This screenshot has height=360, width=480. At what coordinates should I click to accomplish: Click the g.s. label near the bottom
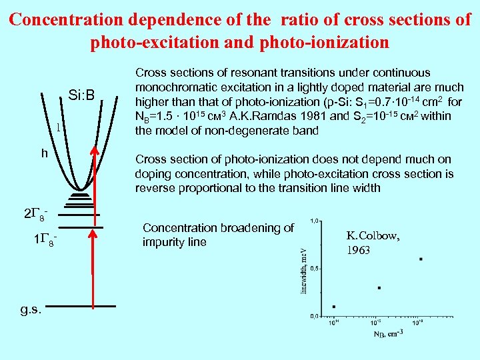coord(31,309)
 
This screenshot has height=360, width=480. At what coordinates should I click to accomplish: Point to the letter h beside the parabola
coord(44,153)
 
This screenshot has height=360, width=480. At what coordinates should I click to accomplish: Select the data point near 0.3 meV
coord(379,288)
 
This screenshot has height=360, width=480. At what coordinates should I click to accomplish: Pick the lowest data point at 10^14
coord(333,307)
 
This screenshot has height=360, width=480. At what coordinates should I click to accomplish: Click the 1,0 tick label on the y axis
coord(313,221)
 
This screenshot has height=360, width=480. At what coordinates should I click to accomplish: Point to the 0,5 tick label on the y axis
coord(313,268)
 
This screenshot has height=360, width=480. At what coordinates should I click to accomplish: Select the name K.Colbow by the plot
coord(373,235)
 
